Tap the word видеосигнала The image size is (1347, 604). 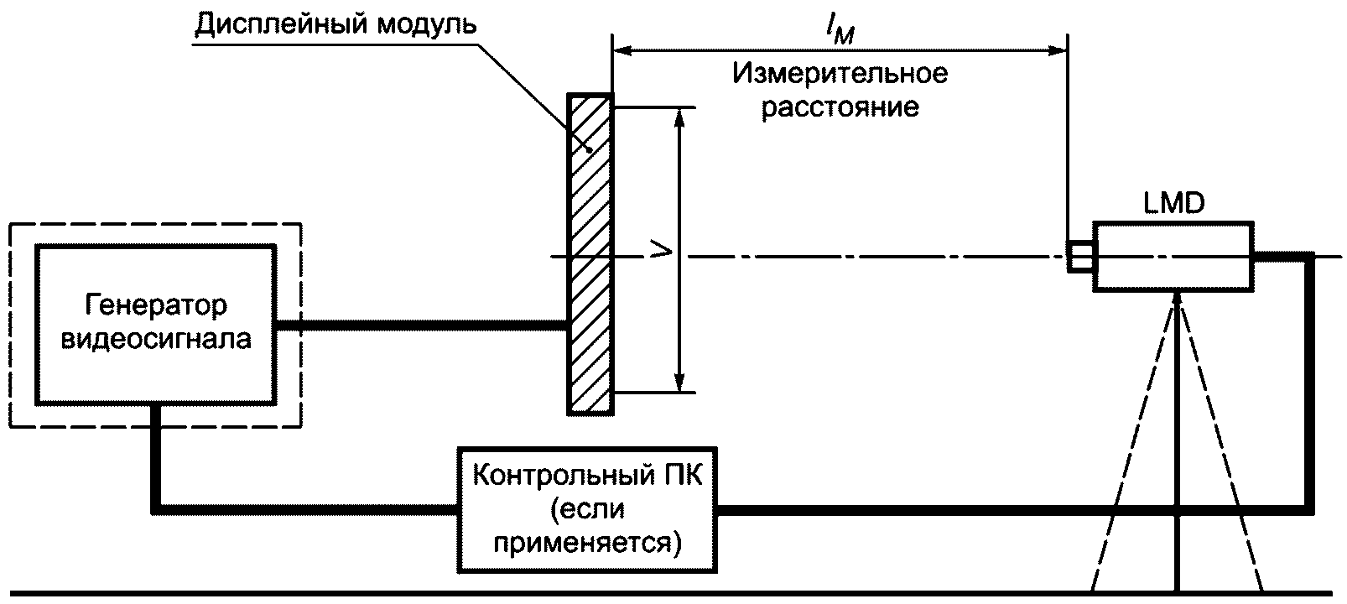pyautogui.click(x=156, y=340)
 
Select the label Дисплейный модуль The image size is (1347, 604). pyautogui.click(x=335, y=24)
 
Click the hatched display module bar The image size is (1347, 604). pyautogui.click(x=590, y=254)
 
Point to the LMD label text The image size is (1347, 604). pyautogui.click(x=1173, y=204)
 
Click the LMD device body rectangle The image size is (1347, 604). pyautogui.click(x=1173, y=257)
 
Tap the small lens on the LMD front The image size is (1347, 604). pyautogui.click(x=1079, y=257)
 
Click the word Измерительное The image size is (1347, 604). pyautogui.click(x=840, y=74)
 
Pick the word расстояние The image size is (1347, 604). pyautogui.click(x=840, y=108)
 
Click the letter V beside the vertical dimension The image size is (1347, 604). pyautogui.click(x=661, y=251)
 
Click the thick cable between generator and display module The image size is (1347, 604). pyautogui.click(x=421, y=325)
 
